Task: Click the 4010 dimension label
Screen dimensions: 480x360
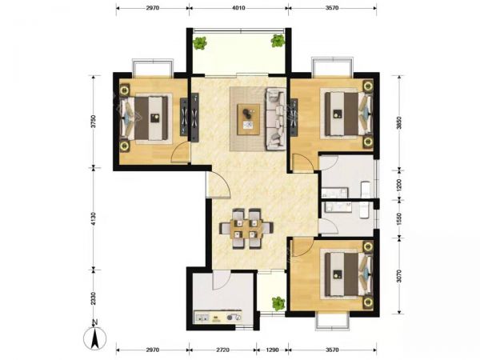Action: [238, 8]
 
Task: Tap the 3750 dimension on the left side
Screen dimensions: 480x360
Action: [94, 122]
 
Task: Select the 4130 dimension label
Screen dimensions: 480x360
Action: [94, 219]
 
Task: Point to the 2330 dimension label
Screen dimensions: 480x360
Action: [94, 298]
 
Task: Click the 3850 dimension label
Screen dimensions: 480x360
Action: [398, 122]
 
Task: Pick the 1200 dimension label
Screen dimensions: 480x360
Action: [398, 186]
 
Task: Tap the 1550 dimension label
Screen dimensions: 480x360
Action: [398, 219]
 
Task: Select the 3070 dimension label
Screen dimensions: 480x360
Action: [398, 275]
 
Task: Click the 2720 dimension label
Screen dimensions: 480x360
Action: [222, 350]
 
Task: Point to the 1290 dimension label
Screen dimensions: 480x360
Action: [273, 350]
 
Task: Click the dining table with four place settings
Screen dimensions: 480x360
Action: [246, 229]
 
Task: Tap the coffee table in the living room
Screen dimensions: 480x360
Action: [249, 119]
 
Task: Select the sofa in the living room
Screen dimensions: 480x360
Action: [276, 119]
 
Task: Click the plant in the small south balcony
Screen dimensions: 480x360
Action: [278, 303]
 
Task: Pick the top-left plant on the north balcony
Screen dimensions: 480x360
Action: [200, 43]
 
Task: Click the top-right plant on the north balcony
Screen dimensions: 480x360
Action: [278, 41]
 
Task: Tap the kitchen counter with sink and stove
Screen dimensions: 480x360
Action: [218, 317]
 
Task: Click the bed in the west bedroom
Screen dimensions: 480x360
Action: [145, 118]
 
